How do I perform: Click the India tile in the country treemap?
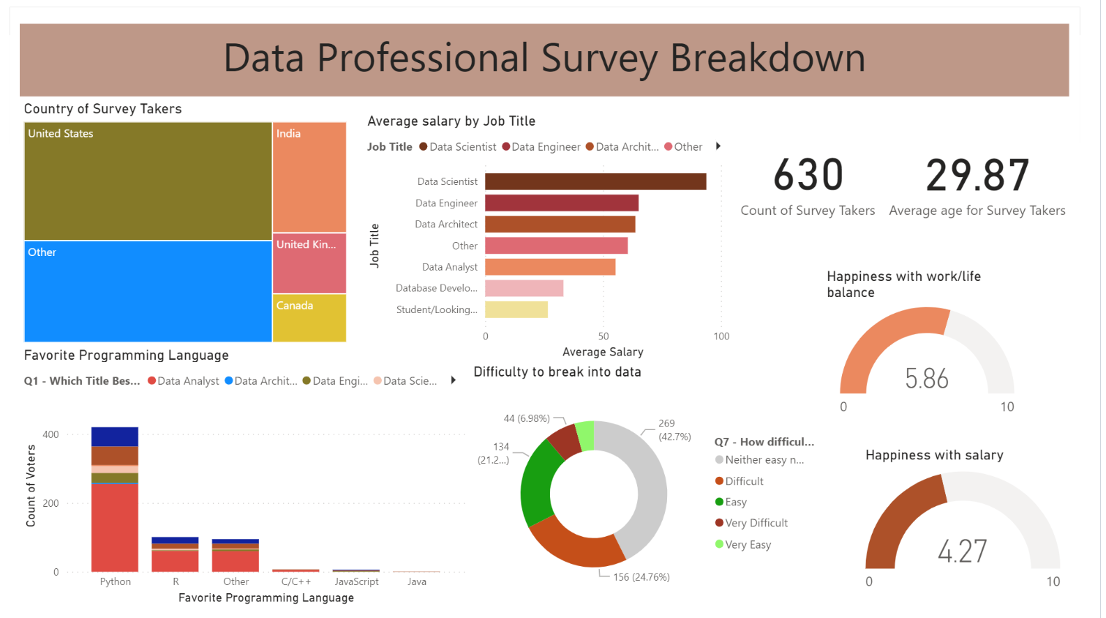coord(309,177)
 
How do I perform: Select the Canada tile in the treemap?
coord(309,317)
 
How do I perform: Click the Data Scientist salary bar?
coord(595,181)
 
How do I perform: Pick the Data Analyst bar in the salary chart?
coord(549,267)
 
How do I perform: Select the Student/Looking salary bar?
coord(516,309)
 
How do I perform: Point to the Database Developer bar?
coord(524,288)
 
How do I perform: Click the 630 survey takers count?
coord(808,176)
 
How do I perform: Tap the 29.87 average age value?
coord(977,176)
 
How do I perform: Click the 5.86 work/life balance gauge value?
coord(926,379)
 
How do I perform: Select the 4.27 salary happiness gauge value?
coord(962,551)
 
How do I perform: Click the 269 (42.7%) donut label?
coord(674,430)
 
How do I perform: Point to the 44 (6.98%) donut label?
coord(526,418)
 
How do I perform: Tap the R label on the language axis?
coord(176,581)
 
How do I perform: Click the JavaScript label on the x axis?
coord(356,581)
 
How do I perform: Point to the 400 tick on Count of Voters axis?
coord(50,434)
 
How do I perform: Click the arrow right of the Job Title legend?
coord(718,146)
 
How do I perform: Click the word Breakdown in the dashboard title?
coord(767,59)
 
